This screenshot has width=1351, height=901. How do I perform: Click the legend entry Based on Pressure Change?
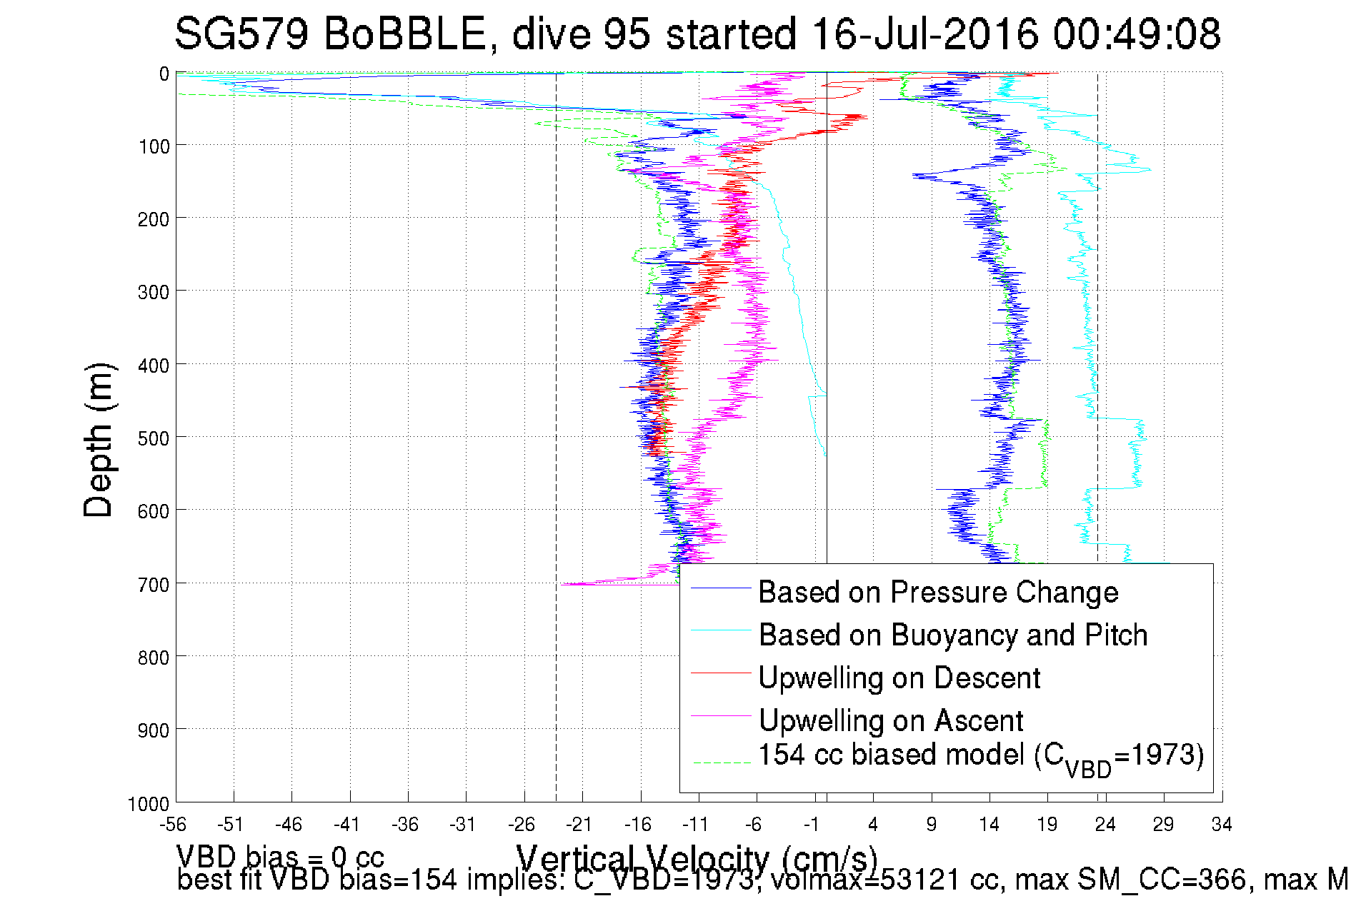937,593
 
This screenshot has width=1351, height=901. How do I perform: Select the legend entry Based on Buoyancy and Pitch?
952,635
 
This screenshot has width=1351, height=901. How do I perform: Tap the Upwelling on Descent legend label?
899,678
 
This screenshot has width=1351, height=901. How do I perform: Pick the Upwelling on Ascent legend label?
890,721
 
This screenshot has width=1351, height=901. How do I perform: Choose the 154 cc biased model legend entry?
980,757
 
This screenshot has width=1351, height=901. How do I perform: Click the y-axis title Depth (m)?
99,440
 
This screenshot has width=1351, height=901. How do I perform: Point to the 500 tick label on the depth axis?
154,438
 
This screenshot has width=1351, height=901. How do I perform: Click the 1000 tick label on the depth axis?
149,804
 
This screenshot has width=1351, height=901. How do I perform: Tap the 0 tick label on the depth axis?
164,74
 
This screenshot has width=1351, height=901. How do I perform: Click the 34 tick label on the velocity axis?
1222,825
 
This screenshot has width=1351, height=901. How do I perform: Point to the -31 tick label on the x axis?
463,825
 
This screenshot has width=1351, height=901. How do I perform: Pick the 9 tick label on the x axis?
931,825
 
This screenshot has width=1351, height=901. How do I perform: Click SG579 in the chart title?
241,34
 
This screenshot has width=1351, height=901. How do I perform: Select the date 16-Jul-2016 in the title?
926,34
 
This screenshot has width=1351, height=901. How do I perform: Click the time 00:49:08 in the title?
1137,34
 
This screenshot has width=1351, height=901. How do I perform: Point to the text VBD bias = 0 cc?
280,857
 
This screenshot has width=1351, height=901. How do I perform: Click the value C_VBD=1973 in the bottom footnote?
664,880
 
